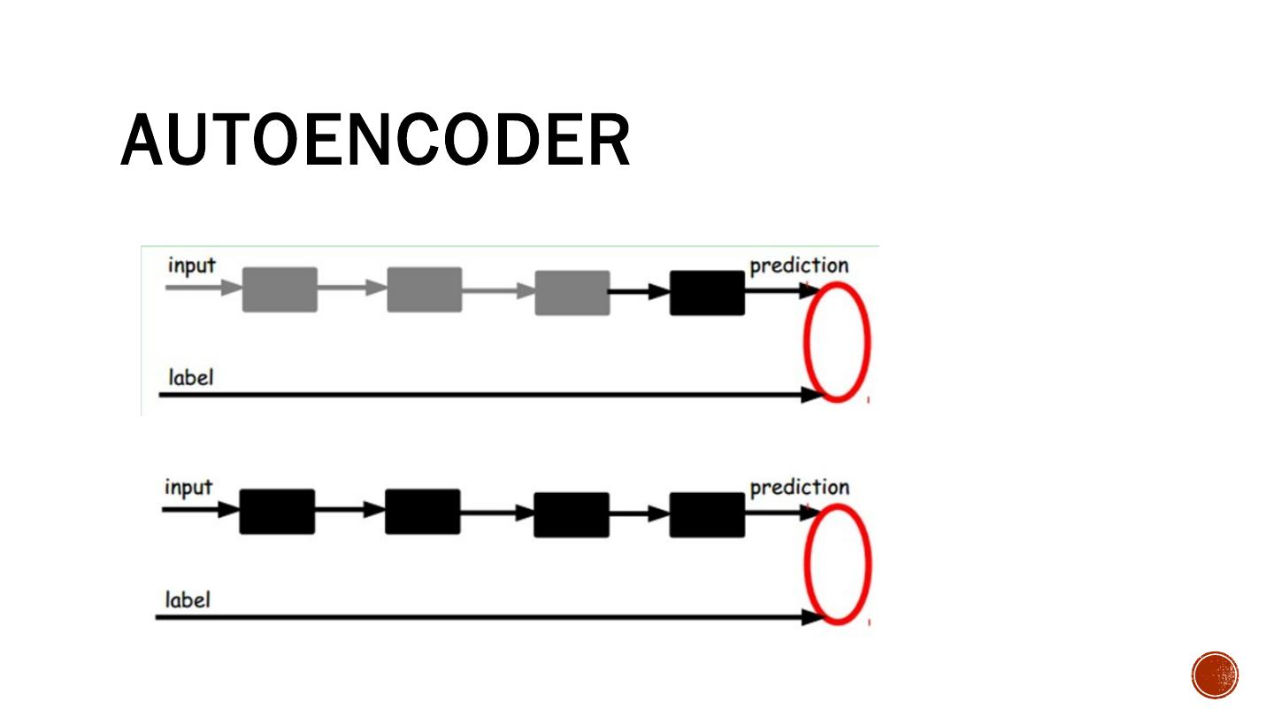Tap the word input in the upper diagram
(x=191, y=265)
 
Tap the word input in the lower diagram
(x=188, y=487)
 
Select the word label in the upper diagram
(x=191, y=377)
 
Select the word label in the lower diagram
(x=188, y=599)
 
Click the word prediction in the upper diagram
(x=799, y=266)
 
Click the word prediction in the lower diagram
(x=799, y=488)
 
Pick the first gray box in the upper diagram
(x=280, y=289)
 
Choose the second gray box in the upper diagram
(x=424, y=289)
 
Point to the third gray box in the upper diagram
(x=572, y=293)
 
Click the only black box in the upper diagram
(x=707, y=293)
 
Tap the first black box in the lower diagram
(x=277, y=512)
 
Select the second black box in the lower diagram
(x=422, y=512)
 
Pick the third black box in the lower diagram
(x=571, y=515)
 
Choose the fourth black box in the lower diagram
(x=707, y=515)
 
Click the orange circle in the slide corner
(x=1215, y=675)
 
